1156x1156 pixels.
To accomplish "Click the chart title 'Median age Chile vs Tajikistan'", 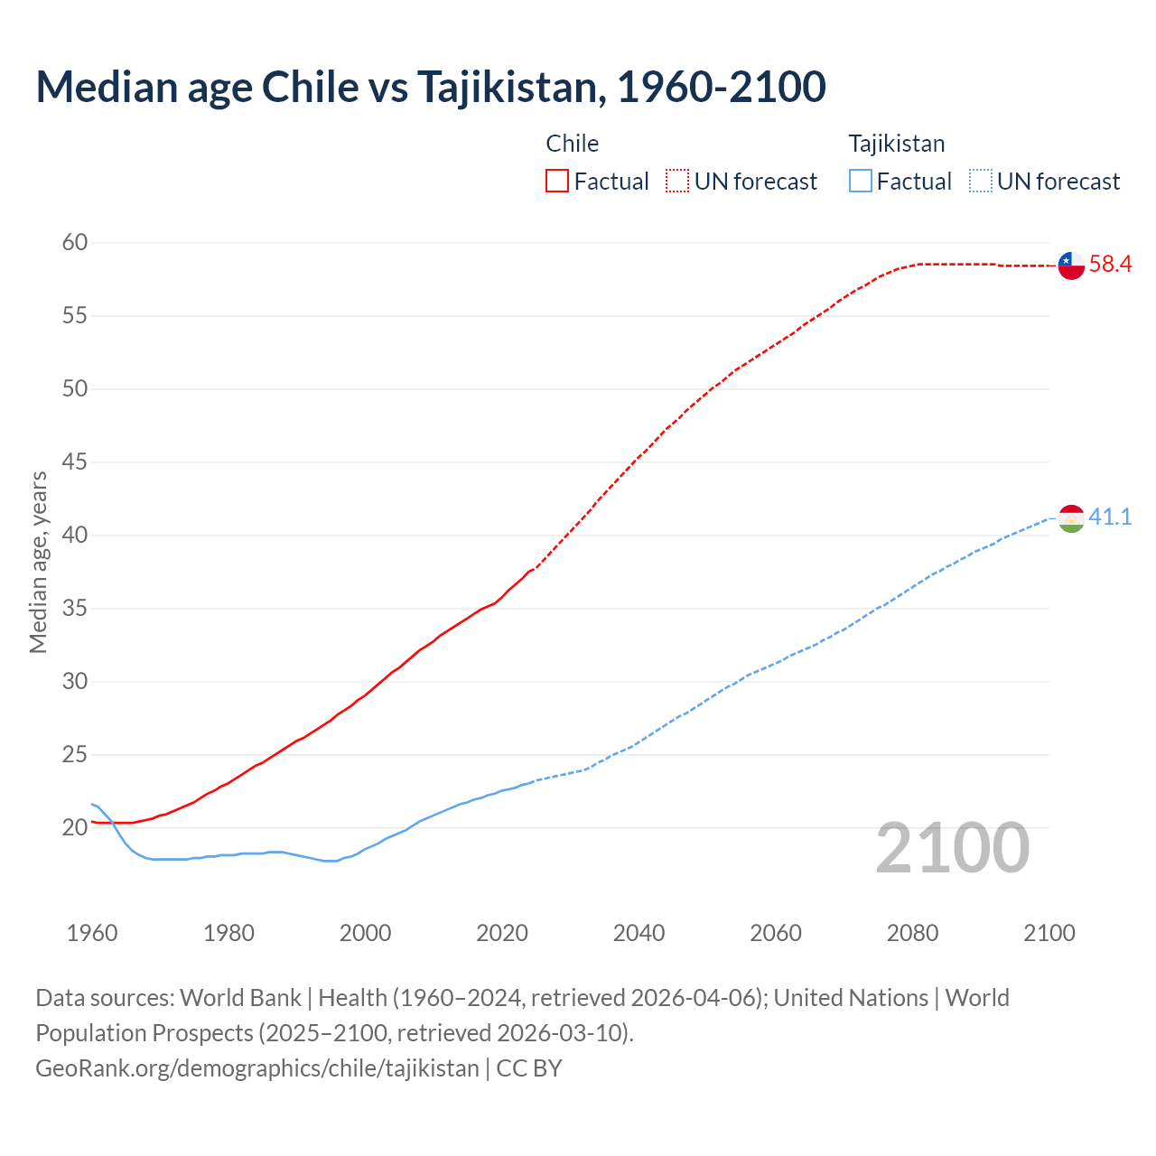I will pyautogui.click(x=430, y=87).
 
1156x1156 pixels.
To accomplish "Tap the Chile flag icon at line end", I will pyautogui.click(x=1071, y=266).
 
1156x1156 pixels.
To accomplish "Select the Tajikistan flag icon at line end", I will pyautogui.click(x=1071, y=518).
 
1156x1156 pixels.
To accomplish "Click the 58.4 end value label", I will pyautogui.click(x=1110, y=265).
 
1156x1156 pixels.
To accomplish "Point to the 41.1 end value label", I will pyautogui.click(x=1110, y=517).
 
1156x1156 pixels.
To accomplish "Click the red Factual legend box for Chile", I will pyautogui.click(x=557, y=182).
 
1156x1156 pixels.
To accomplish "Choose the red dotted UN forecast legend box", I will pyautogui.click(x=677, y=182).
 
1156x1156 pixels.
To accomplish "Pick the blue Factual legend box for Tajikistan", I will pyautogui.click(x=861, y=182).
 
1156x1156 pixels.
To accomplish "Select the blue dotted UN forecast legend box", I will pyautogui.click(x=981, y=182).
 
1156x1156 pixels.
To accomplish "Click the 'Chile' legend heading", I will pyautogui.click(x=573, y=144).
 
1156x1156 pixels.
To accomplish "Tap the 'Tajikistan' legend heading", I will pyautogui.click(x=897, y=144).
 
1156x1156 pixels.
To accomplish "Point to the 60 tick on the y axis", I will pyautogui.click(x=75, y=242).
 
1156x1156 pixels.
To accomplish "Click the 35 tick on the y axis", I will pyautogui.click(x=75, y=608).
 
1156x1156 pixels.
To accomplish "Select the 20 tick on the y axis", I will pyautogui.click(x=75, y=827).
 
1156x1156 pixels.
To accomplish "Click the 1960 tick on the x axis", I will pyautogui.click(x=92, y=933).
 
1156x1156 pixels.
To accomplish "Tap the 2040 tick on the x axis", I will pyautogui.click(x=639, y=933).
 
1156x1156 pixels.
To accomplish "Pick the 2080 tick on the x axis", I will pyautogui.click(x=912, y=933).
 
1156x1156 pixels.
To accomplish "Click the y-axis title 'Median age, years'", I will pyautogui.click(x=38, y=562).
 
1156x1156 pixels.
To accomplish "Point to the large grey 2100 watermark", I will pyautogui.click(x=952, y=848).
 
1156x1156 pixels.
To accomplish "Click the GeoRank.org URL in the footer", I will pyautogui.click(x=257, y=1068).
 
